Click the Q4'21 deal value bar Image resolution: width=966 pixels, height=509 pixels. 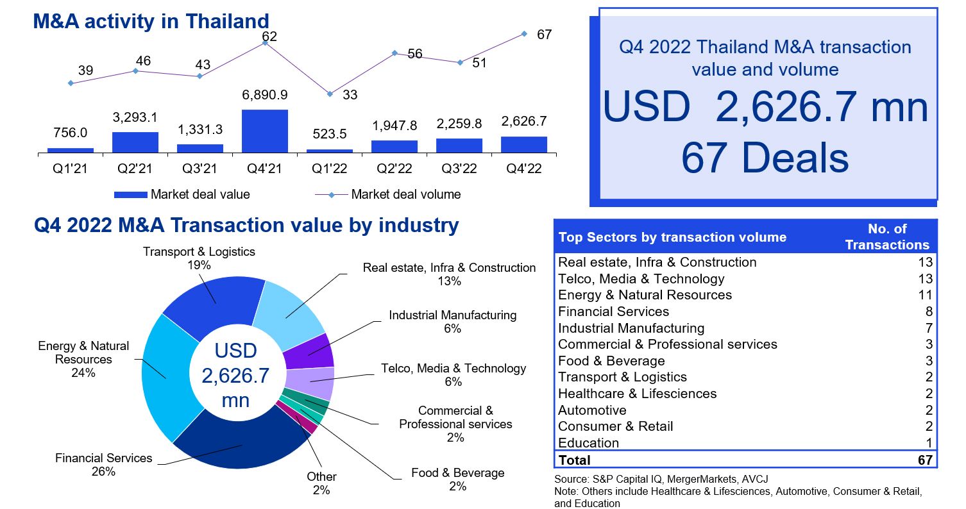tap(265, 131)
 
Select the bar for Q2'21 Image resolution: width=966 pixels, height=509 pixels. tap(135, 142)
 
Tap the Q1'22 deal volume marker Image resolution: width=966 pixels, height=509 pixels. tap(330, 94)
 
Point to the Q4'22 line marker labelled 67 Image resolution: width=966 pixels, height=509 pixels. tap(524, 33)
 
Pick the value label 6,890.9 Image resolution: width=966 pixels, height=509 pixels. tap(265, 95)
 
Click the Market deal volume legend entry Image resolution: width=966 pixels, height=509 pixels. tap(405, 194)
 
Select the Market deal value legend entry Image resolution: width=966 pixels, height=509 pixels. tap(199, 194)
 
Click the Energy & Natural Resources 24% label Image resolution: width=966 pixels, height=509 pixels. tap(83, 359)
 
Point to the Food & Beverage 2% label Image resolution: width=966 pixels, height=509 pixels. tap(457, 480)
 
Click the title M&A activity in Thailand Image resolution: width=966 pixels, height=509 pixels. tap(151, 21)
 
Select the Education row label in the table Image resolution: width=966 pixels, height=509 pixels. tap(588, 443)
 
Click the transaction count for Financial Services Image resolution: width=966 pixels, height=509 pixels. tap(928, 312)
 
